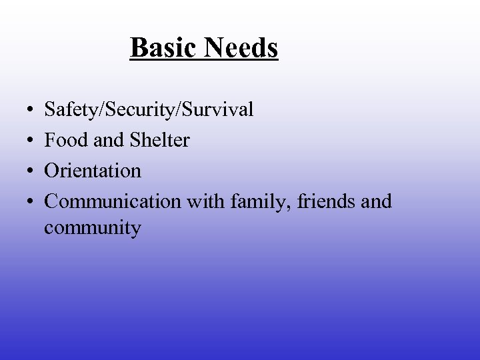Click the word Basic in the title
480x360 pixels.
click(164, 47)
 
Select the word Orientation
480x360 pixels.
click(93, 171)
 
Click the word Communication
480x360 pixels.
click(113, 201)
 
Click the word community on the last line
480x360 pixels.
click(93, 229)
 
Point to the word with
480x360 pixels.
click(207, 201)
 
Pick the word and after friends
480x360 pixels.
click(376, 201)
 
